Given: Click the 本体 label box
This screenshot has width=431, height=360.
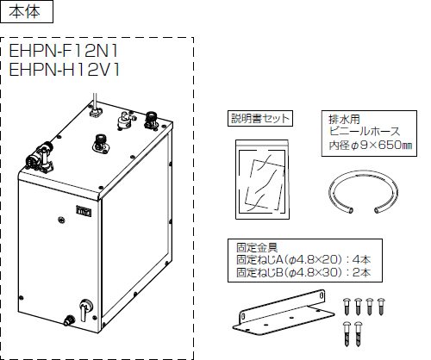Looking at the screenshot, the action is pyautogui.click(x=27, y=12).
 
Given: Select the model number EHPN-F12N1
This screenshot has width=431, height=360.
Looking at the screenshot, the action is pyautogui.click(x=64, y=52).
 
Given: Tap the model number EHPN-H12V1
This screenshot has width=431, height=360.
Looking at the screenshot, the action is pyautogui.click(x=65, y=70).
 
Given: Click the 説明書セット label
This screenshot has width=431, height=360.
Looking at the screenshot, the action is pyautogui.click(x=260, y=118).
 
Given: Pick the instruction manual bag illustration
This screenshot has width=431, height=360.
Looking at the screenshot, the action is pyautogui.click(x=262, y=179).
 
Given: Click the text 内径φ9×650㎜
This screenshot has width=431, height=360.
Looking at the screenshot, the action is pyautogui.click(x=371, y=146).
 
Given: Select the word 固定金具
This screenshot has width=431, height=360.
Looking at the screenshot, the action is pyautogui.click(x=257, y=247).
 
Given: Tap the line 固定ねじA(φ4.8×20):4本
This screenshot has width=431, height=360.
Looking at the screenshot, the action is pyautogui.click(x=303, y=260).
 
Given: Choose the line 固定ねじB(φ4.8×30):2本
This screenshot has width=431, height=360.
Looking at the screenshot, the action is pyautogui.click(x=303, y=272).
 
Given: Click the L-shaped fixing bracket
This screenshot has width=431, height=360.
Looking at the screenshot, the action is pyautogui.click(x=283, y=313).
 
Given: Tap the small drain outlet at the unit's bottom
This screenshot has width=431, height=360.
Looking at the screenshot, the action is pyautogui.click(x=69, y=320).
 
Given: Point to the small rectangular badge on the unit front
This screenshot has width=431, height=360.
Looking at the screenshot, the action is pyautogui.click(x=84, y=212).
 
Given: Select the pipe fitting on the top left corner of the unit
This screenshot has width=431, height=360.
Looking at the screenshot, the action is pyautogui.click(x=41, y=157).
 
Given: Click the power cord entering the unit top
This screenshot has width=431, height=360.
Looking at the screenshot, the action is pyautogui.click(x=95, y=101).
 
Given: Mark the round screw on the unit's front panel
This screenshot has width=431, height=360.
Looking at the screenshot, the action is pyautogui.click(x=61, y=220).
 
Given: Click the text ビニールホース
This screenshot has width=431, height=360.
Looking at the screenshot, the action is pyautogui.click(x=365, y=132).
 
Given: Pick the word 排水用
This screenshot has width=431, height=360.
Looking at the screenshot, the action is pyautogui.click(x=344, y=119).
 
